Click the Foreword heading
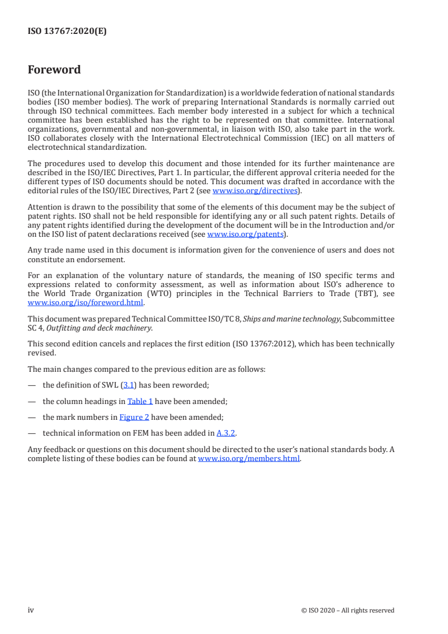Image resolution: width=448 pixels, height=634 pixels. (x=54, y=70)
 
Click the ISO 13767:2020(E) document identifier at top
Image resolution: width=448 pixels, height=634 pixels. (x=67, y=32)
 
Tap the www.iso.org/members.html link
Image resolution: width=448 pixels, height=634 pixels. (x=249, y=459)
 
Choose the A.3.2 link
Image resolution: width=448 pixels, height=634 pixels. (x=226, y=433)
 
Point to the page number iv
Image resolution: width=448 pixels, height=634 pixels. (x=31, y=610)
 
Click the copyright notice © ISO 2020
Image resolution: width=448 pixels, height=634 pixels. (x=348, y=610)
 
